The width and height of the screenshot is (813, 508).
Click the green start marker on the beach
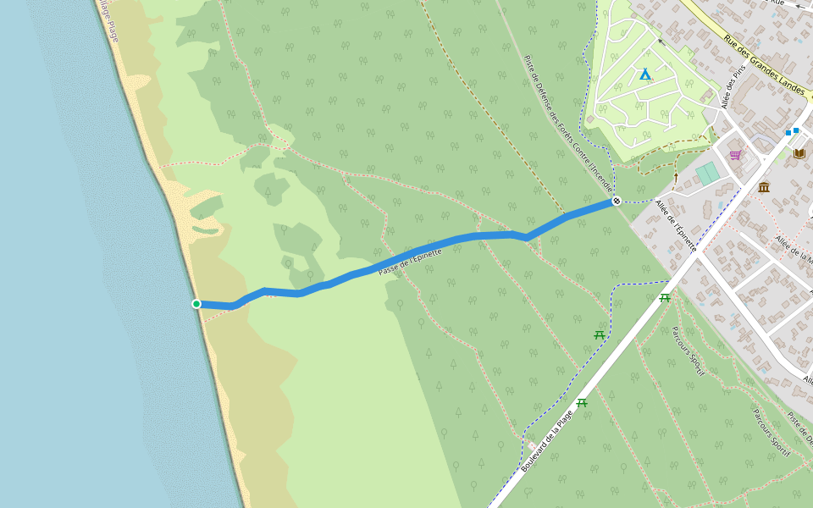196,304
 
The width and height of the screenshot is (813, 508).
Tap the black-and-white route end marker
616,201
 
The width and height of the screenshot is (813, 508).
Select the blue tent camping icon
645,75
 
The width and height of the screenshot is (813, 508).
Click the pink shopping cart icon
735,155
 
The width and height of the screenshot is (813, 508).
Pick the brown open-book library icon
799,153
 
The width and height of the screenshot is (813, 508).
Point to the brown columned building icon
764,187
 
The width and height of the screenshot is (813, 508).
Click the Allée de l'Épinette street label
676,224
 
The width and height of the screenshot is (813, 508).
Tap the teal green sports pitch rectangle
707,174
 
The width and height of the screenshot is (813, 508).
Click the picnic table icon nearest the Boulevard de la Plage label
582,403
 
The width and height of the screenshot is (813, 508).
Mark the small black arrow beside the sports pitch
676,177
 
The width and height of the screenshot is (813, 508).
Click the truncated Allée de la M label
794,246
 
